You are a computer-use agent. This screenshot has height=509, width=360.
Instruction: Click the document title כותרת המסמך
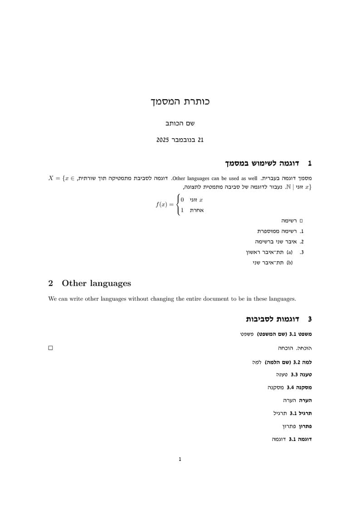coord(180,102)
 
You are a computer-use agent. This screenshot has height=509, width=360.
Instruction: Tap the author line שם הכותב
coord(180,123)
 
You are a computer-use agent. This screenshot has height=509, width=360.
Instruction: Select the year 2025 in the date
coord(163,140)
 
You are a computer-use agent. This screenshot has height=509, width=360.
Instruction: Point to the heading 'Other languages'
coord(96,283)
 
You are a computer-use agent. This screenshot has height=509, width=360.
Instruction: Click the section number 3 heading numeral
coord(310,319)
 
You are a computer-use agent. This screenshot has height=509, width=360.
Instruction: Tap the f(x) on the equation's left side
coord(161,204)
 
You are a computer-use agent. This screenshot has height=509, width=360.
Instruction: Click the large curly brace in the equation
coord(177,204)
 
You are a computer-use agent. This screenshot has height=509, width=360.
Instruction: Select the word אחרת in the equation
coord(197,210)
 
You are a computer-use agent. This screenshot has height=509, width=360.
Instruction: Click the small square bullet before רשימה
coord(301,221)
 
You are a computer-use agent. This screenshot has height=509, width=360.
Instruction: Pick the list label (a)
coord(289,252)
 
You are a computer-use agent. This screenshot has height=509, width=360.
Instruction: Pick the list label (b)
coord(289,262)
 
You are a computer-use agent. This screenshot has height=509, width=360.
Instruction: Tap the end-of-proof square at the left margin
coord(50,348)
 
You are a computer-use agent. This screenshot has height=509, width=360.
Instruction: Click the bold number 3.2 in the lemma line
coord(297,362)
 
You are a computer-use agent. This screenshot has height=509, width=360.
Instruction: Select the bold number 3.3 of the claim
coord(294,375)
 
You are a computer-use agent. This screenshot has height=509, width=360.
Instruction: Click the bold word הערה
coord(305,401)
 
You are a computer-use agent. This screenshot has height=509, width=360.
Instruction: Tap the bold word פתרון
coord(305,427)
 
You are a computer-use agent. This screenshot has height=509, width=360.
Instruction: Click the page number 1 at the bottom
coord(180,459)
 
